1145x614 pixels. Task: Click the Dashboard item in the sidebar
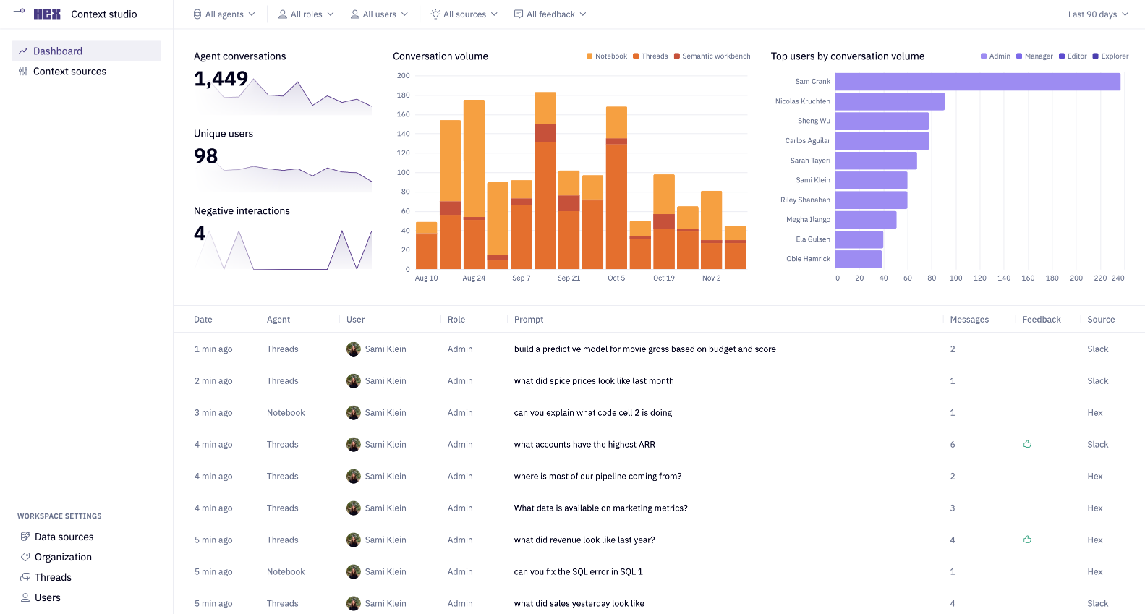tap(58, 51)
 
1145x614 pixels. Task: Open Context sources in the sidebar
tap(69, 72)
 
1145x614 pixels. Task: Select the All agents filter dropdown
tap(224, 14)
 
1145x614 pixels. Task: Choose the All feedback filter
tap(550, 14)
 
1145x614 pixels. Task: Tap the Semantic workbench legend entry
tap(715, 56)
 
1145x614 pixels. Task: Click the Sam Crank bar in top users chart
tap(976, 82)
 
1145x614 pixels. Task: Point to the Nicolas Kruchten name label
tap(802, 101)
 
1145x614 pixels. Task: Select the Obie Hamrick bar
tap(859, 259)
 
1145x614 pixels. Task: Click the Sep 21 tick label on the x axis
tap(569, 278)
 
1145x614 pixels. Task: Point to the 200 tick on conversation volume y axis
tap(403, 76)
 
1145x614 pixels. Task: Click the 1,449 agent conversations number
tap(221, 79)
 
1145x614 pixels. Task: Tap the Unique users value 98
tap(205, 156)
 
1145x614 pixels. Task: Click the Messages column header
tap(969, 320)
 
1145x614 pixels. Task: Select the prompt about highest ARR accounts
tap(584, 445)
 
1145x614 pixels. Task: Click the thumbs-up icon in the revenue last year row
tap(1027, 540)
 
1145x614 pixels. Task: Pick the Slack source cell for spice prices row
tap(1097, 381)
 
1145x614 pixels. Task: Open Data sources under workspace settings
tap(64, 537)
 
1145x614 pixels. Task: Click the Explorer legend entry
tap(1114, 56)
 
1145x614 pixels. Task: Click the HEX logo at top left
tap(47, 14)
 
